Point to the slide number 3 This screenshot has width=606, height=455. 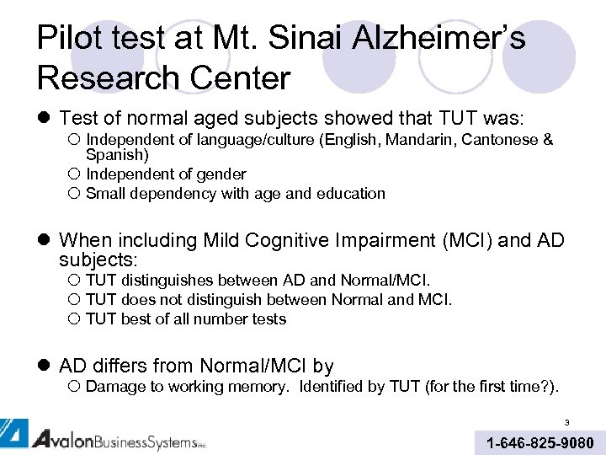click(567, 423)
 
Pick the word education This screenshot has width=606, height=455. click(350, 194)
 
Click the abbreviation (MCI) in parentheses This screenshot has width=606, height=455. click(463, 240)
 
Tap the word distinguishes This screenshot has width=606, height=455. click(167, 281)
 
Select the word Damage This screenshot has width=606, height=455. click(114, 387)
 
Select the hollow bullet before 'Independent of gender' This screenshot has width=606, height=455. click(74, 175)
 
